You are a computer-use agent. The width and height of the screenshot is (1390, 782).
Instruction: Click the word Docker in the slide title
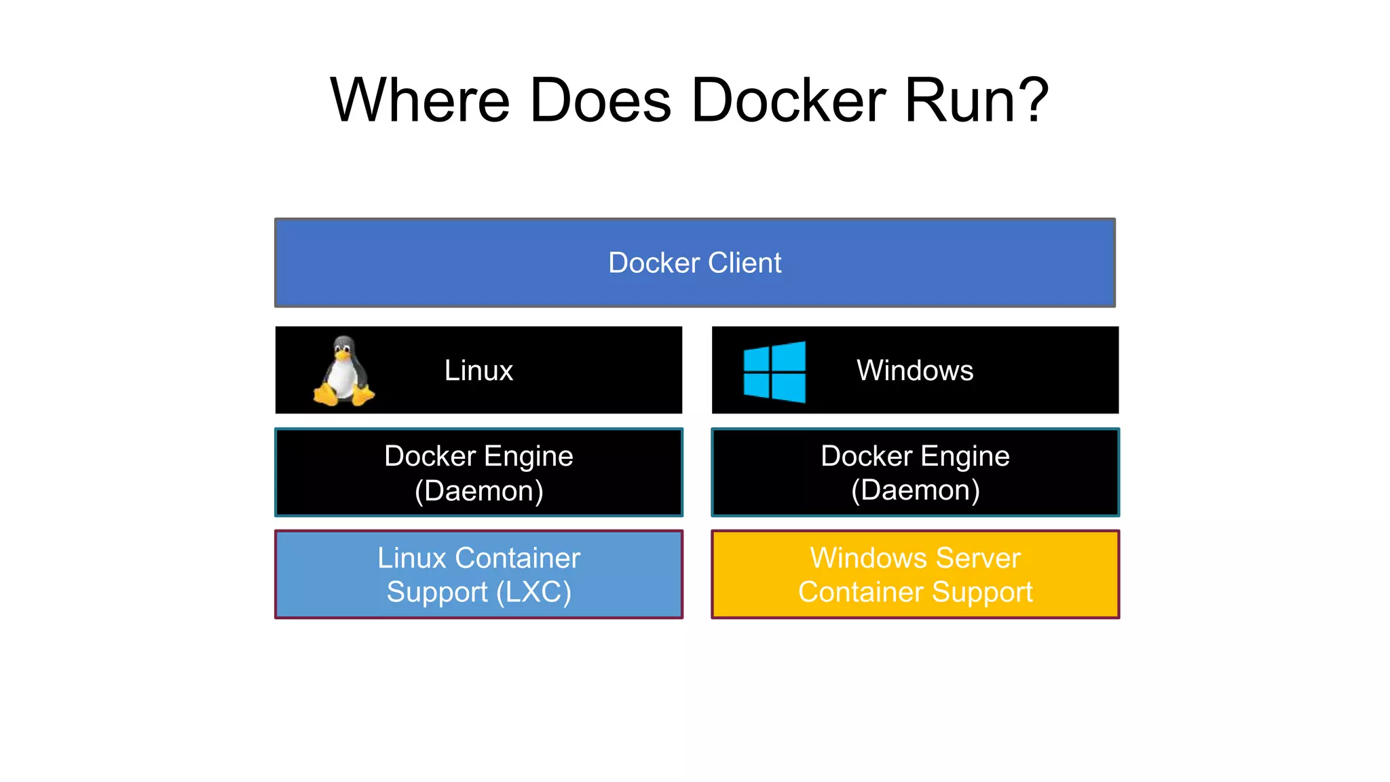pos(789,100)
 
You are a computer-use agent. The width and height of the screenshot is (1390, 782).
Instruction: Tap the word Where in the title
pos(419,100)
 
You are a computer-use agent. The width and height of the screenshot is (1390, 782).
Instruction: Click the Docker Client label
pos(694,263)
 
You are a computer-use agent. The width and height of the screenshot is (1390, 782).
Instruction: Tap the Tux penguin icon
pos(343,371)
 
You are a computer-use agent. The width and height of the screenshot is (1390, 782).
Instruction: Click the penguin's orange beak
pos(343,355)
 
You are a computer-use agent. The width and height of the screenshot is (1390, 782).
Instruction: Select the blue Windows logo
pos(774,371)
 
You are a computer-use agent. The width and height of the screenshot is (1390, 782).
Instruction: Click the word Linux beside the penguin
pos(478,371)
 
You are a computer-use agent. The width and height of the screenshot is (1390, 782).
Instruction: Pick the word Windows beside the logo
pos(914,371)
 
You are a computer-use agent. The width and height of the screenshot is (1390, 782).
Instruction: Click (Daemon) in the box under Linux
pos(478,491)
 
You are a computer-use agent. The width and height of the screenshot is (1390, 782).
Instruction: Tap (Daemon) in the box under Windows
pos(915,490)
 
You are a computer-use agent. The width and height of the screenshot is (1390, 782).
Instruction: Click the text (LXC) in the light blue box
pos(533,592)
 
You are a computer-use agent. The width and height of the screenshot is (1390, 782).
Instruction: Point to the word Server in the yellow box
pos(977,558)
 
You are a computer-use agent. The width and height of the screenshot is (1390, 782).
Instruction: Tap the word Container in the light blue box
pos(517,558)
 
